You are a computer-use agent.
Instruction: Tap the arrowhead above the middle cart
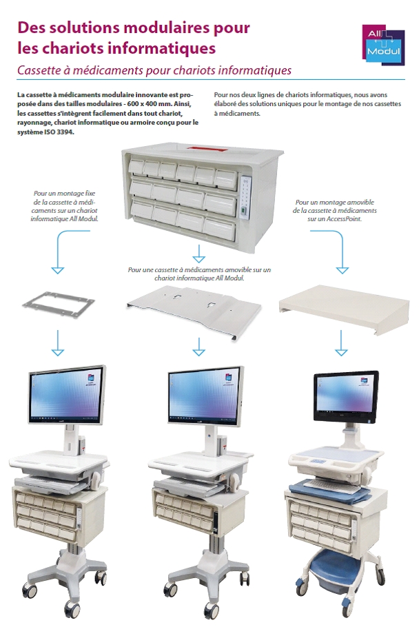(199, 351)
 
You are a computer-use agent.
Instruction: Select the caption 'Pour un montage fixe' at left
(65, 195)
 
